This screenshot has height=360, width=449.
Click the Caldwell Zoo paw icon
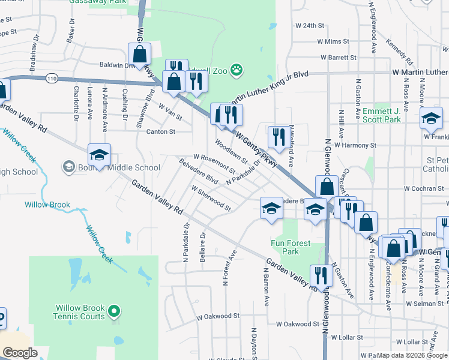(238, 71)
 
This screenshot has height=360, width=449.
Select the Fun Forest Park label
(291, 247)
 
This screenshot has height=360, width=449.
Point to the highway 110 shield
(52, 78)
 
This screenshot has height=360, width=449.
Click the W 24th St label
(309, 26)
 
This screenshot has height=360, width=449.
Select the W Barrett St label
(339, 58)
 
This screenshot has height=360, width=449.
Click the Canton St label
(160, 131)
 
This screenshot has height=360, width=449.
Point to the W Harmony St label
(355, 145)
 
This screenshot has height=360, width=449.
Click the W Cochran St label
(423, 188)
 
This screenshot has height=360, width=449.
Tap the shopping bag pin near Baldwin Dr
(139, 54)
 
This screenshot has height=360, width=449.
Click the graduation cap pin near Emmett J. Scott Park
(430, 118)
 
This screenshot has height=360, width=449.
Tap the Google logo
(20, 353)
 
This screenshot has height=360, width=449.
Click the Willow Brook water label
(47, 205)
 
